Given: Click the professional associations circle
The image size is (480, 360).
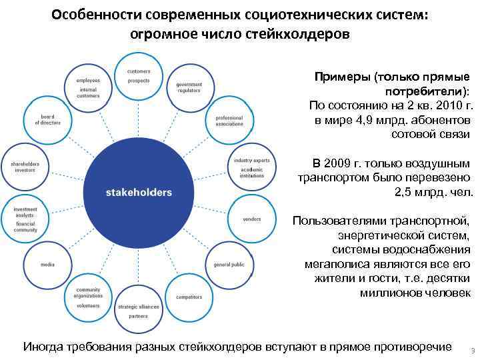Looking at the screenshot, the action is coord(229,121).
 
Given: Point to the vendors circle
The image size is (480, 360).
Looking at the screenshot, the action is coord(251,219).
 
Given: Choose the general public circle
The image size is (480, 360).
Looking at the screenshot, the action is coord(229,265).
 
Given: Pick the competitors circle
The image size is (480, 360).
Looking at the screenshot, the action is coord(189,297).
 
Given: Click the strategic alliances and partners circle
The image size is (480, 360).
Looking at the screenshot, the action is coord(139,311).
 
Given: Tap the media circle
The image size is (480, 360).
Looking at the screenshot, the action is coord(47,265).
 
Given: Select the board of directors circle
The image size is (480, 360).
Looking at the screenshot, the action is coord(47,121).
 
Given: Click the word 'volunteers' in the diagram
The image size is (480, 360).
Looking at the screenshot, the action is coord(88,305).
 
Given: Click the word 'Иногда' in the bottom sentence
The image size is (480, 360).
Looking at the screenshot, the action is coord(43,347).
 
